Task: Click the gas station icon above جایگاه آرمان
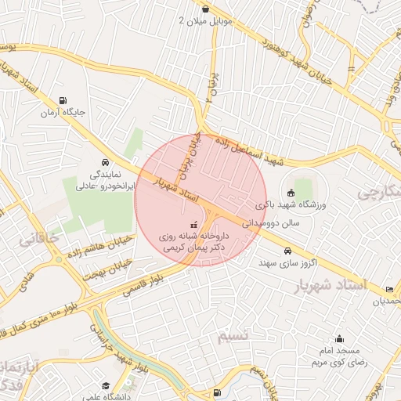(x=63, y=100)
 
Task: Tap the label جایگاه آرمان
(x=63, y=113)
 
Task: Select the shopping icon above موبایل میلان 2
(x=205, y=9)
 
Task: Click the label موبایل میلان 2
(x=206, y=20)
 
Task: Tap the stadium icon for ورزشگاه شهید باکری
(x=291, y=193)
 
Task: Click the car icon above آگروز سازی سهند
(x=288, y=251)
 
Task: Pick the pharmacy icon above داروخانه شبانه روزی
(x=194, y=225)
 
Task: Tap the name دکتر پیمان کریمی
(x=193, y=247)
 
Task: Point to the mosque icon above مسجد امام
(x=339, y=339)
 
